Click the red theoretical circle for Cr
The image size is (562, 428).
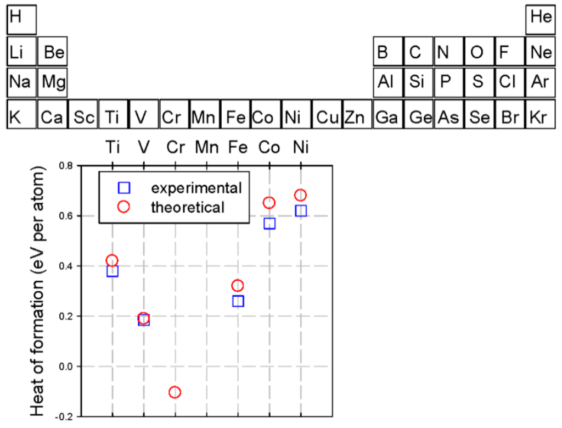[x=175, y=392]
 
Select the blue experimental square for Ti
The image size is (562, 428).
[x=113, y=270]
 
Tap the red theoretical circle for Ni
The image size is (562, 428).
[x=300, y=195]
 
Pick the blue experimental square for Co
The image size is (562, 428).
[x=269, y=223]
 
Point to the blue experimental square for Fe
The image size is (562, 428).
[x=238, y=301]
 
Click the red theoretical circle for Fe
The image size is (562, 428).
[x=238, y=286]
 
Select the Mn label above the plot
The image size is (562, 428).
[x=206, y=147]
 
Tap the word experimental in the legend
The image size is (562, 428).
[x=196, y=188]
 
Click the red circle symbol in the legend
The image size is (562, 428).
[x=124, y=207]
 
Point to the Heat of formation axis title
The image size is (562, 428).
[x=38, y=290]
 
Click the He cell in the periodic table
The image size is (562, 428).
[x=541, y=18]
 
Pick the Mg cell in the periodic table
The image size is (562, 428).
[x=53, y=82]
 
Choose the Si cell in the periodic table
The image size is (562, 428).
[x=417, y=82]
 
